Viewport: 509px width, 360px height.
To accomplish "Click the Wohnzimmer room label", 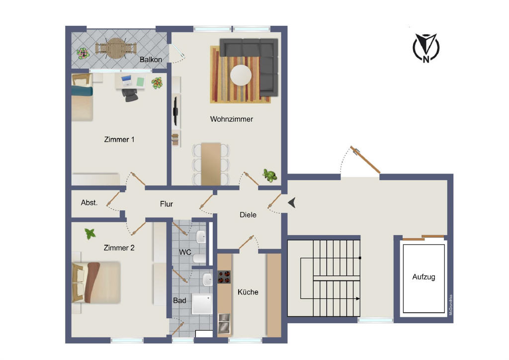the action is click(x=232, y=119).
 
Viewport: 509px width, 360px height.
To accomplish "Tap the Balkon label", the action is click(x=151, y=59).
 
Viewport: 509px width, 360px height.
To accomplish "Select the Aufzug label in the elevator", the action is click(x=424, y=277).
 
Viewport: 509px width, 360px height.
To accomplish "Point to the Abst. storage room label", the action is click(x=89, y=202).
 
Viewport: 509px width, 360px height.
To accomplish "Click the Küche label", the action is click(x=248, y=292).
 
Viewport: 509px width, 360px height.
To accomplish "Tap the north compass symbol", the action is click(x=426, y=48).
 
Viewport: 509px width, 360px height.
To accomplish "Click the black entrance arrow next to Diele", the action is click(x=291, y=202).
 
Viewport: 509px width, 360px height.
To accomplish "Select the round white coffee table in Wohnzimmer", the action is click(x=241, y=75).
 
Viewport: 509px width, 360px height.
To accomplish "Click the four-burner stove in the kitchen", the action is click(x=224, y=277).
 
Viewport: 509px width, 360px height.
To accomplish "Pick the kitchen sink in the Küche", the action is click(x=224, y=324).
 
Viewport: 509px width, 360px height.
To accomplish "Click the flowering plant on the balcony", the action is click(x=83, y=53).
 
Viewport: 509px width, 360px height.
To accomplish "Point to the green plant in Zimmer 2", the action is click(x=90, y=233).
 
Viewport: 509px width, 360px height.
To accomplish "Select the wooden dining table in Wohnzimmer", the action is click(x=211, y=164).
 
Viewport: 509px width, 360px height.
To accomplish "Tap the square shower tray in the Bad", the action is click(x=202, y=304).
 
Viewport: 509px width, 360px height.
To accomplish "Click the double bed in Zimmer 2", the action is click(x=96, y=282).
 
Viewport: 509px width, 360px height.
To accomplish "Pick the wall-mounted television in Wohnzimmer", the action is click(x=175, y=111).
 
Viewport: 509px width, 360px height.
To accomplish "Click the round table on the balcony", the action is click(x=115, y=48).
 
